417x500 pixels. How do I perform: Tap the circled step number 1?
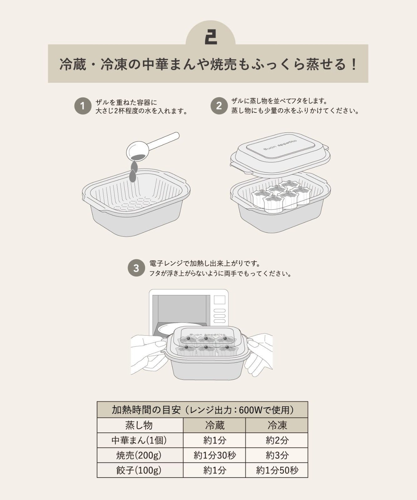click(83, 106)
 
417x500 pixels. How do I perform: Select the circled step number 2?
click(219, 106)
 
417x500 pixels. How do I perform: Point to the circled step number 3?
click(136, 268)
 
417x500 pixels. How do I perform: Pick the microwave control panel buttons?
click(219, 316)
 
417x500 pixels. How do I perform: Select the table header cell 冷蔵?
click(214, 425)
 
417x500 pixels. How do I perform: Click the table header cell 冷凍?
click(277, 425)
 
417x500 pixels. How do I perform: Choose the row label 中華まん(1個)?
click(140, 440)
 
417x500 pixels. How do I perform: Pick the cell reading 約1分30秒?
click(214, 455)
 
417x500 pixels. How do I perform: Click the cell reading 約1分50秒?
click(277, 470)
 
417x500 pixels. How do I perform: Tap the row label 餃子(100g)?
click(140, 470)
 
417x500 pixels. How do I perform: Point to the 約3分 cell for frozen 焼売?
click(277, 455)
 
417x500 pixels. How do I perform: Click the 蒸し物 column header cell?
click(140, 425)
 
